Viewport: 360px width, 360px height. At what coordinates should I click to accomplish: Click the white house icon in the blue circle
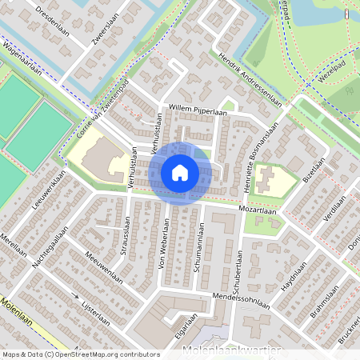point(180,172)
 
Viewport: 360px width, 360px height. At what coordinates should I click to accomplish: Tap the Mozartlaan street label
point(257,209)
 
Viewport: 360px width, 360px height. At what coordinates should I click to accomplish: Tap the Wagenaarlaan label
point(24,55)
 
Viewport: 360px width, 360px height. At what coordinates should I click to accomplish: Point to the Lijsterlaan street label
point(94,306)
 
